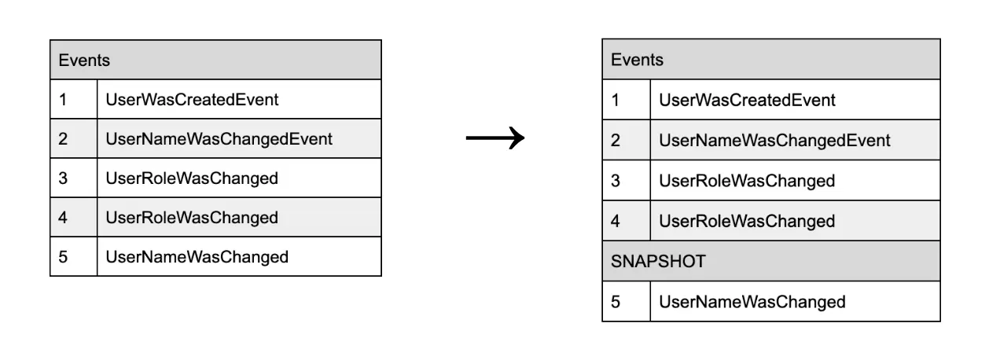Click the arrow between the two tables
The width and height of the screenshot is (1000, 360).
(494, 139)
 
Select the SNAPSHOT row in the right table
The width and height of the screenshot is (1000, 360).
(658, 262)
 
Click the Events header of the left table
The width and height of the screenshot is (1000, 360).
(84, 60)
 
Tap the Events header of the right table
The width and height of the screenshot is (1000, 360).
(637, 60)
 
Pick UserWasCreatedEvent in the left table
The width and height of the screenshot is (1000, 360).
(192, 100)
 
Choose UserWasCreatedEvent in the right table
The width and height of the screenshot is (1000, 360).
(747, 100)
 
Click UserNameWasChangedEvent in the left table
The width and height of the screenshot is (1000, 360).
(219, 139)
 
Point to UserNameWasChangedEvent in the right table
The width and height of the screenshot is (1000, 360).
(774, 141)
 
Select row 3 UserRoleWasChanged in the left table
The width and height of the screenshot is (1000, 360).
(192, 178)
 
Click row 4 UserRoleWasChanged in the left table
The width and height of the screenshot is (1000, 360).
(192, 218)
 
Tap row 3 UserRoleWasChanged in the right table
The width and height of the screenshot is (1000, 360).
(747, 181)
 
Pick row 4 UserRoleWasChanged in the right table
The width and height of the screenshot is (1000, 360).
(747, 222)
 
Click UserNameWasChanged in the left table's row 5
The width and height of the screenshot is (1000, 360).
(197, 257)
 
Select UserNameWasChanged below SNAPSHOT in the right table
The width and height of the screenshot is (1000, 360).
(752, 302)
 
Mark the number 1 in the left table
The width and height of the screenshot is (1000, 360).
(63, 100)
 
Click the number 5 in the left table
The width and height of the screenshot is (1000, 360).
(63, 257)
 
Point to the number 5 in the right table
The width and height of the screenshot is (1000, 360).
(616, 302)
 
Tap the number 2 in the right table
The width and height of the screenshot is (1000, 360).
(616, 141)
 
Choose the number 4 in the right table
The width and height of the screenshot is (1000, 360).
(616, 222)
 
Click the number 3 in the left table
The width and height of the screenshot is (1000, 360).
(63, 178)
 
